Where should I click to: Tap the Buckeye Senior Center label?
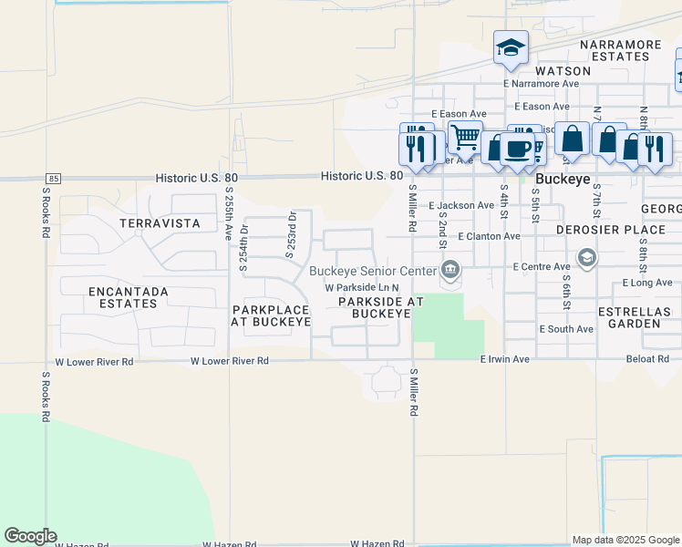(372, 271)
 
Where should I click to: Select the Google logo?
(30, 536)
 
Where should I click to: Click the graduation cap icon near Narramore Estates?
(511, 46)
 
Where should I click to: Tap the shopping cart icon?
(465, 138)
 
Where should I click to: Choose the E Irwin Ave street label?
(505, 359)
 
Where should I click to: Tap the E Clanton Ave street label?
(489, 236)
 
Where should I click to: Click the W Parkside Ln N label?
(362, 288)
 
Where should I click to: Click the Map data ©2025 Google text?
(625, 540)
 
